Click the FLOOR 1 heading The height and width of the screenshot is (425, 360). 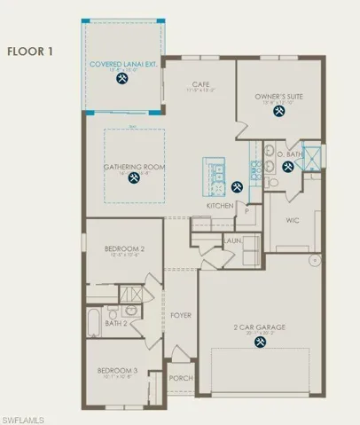click(31, 51)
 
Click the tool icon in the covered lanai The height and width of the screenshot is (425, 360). click(121, 78)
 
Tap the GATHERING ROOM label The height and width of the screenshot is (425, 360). click(134, 165)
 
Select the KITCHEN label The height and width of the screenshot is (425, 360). click(220, 206)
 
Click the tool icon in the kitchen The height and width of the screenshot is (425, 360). click(237, 186)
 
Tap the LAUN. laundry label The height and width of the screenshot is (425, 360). click(233, 240)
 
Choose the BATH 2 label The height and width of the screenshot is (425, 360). click(115, 323)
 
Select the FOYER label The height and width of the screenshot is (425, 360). click(181, 315)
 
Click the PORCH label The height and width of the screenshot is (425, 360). click(181, 377)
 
